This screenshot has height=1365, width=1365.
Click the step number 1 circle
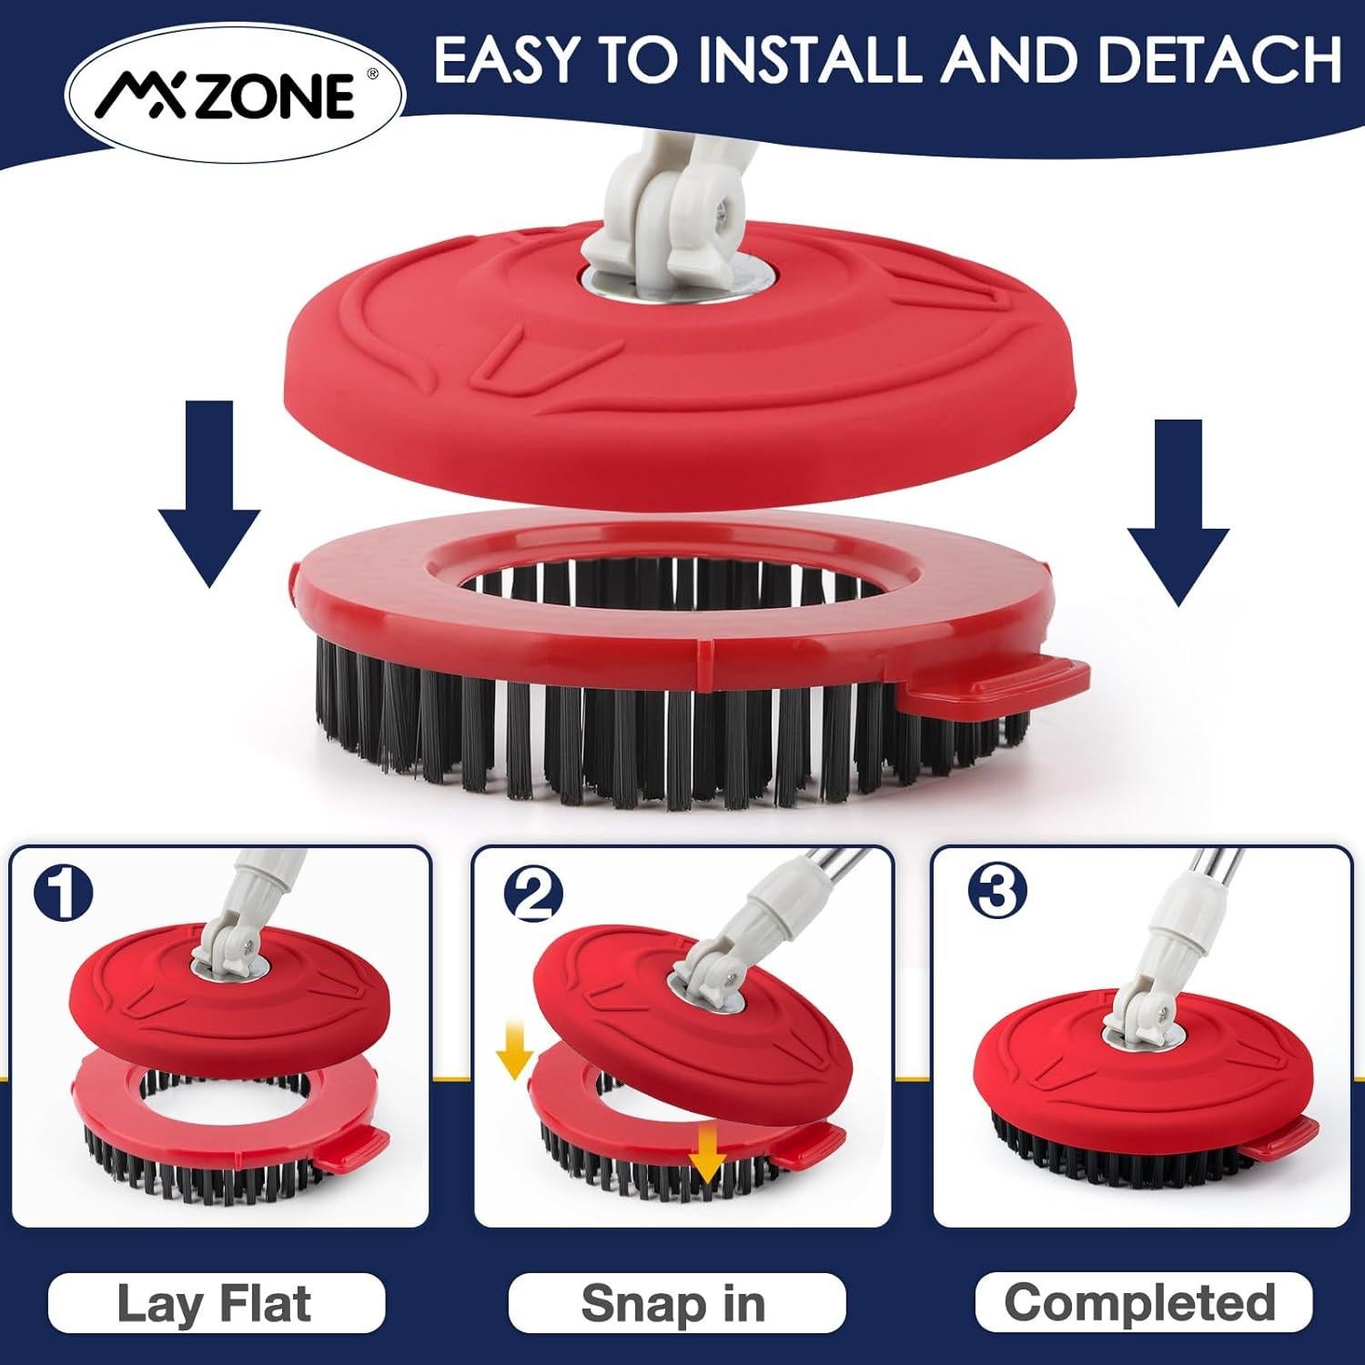tap(63, 894)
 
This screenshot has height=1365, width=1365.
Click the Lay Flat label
tap(215, 1304)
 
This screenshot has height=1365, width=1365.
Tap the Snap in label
tap(673, 1304)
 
